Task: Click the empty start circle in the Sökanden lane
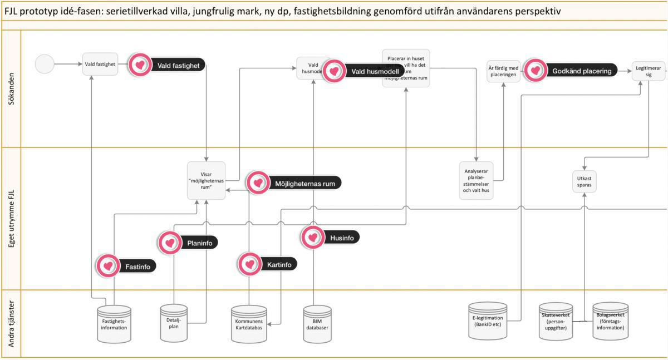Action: pos(45,64)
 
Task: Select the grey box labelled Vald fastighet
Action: pos(100,64)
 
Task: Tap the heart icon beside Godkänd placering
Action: pos(536,71)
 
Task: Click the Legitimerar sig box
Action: pos(649,71)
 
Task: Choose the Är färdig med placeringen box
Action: pos(504,71)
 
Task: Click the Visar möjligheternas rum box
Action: pos(206,180)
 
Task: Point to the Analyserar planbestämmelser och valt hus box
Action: pos(476,180)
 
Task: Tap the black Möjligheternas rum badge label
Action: pos(305,183)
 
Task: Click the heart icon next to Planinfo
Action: pos(169,243)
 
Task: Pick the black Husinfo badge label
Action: pos(342,238)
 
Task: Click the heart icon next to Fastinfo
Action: pos(107,266)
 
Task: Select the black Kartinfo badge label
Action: pos(279,264)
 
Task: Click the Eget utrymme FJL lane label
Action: pos(11,219)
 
